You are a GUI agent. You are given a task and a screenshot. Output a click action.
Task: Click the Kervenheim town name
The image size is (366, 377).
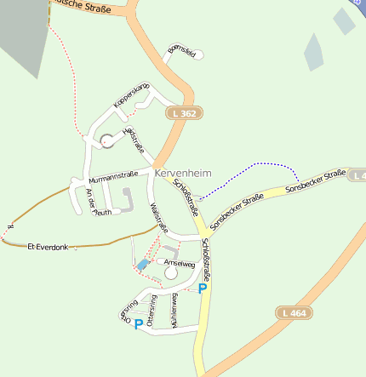(x=183, y=172)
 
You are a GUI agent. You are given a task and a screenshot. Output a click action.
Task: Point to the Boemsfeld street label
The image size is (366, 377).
(x=182, y=54)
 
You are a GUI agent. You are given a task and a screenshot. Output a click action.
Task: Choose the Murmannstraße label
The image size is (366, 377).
(x=113, y=177)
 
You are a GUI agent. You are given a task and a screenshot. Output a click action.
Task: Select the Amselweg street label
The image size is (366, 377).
(x=180, y=265)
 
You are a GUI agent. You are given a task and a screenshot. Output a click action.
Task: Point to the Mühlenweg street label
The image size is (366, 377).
(x=174, y=311)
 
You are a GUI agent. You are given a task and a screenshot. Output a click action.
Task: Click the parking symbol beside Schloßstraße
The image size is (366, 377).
(x=203, y=288)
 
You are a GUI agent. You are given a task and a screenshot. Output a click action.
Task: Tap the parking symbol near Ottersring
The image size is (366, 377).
(x=138, y=323)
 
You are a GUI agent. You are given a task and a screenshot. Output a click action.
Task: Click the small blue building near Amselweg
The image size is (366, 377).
(x=142, y=266)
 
